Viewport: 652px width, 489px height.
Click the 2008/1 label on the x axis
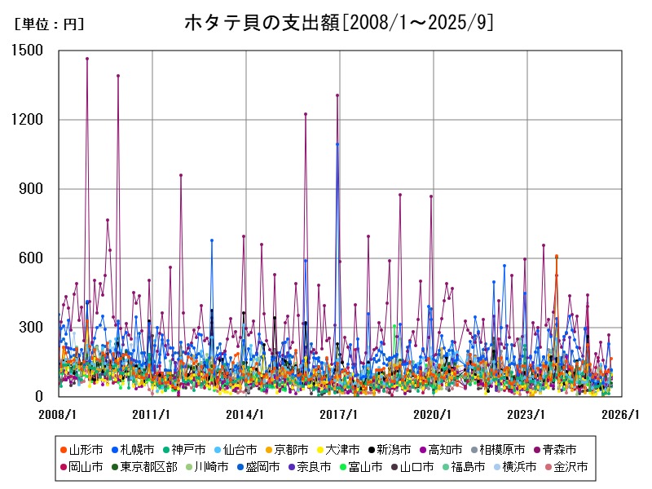(x=59, y=414)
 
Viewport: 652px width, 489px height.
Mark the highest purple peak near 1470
(x=87, y=59)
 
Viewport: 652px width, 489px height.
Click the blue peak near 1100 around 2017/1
(x=337, y=144)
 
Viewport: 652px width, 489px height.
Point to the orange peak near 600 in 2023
(x=557, y=257)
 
